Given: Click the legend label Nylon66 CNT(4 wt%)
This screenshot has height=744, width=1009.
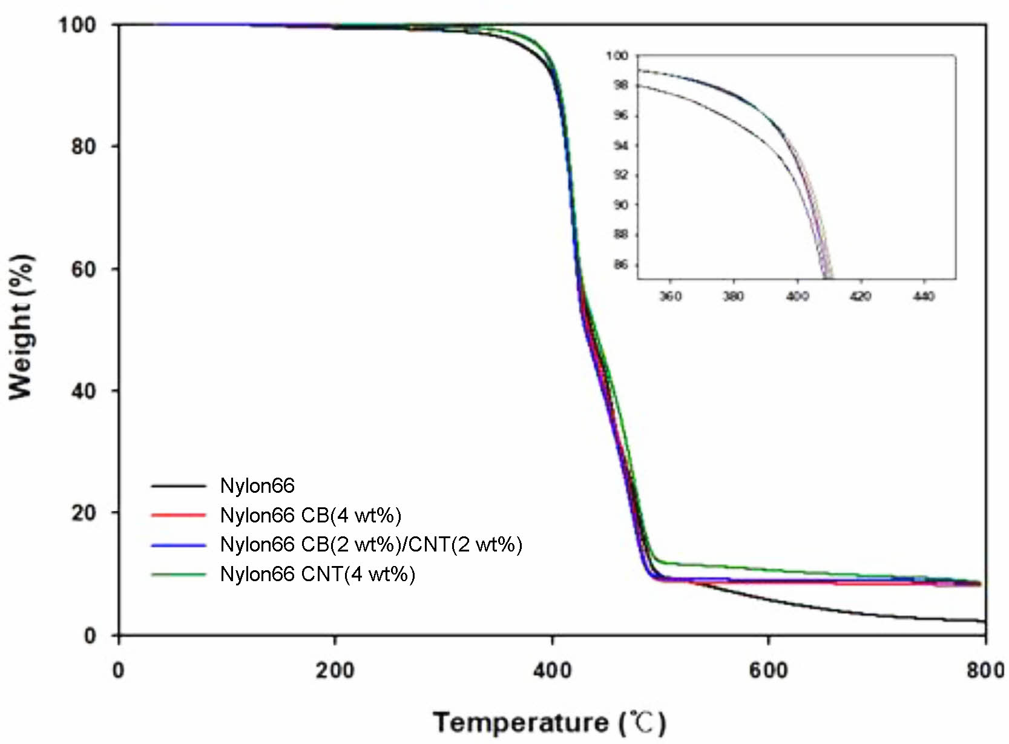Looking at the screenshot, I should pyautogui.click(x=317, y=574).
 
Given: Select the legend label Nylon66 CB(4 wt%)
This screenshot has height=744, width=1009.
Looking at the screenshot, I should pyautogui.click(x=311, y=515).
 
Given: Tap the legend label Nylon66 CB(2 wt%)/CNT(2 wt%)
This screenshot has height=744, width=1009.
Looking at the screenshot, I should pyautogui.click(x=370, y=544).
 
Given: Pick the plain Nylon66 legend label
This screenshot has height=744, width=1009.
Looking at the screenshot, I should pyautogui.click(x=257, y=486).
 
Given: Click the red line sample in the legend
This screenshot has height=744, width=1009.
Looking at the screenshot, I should pyautogui.click(x=179, y=515).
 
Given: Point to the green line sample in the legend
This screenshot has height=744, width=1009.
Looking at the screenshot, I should pyautogui.click(x=179, y=574).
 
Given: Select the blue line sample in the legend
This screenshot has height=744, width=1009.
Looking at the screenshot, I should pyautogui.click(x=179, y=545).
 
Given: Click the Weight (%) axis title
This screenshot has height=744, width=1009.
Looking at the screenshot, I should pyautogui.click(x=21, y=327).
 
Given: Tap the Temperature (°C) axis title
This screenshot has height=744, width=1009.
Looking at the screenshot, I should pyautogui.click(x=549, y=723).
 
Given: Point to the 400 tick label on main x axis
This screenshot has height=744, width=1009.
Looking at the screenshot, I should pyautogui.click(x=552, y=671).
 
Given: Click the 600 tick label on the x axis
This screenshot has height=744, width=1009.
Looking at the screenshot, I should pyautogui.click(x=768, y=671).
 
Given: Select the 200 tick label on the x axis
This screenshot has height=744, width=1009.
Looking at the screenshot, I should pyautogui.click(x=335, y=671).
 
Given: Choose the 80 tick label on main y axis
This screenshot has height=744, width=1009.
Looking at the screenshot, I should pyautogui.click(x=84, y=146).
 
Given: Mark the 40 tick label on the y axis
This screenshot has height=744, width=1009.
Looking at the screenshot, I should pyautogui.click(x=84, y=391).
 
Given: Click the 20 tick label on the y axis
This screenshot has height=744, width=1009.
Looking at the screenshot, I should pyautogui.click(x=84, y=513).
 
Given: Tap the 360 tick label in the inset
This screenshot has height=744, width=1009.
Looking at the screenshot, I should pyautogui.click(x=670, y=296).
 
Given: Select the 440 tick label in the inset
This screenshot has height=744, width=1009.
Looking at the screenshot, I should pyautogui.click(x=924, y=296).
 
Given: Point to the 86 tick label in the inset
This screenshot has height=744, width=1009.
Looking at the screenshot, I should pyautogui.click(x=620, y=265).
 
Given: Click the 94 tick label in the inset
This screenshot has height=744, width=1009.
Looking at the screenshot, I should pyautogui.click(x=620, y=145).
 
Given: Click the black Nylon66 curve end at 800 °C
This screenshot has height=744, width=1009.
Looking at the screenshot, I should pyautogui.click(x=984, y=621).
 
